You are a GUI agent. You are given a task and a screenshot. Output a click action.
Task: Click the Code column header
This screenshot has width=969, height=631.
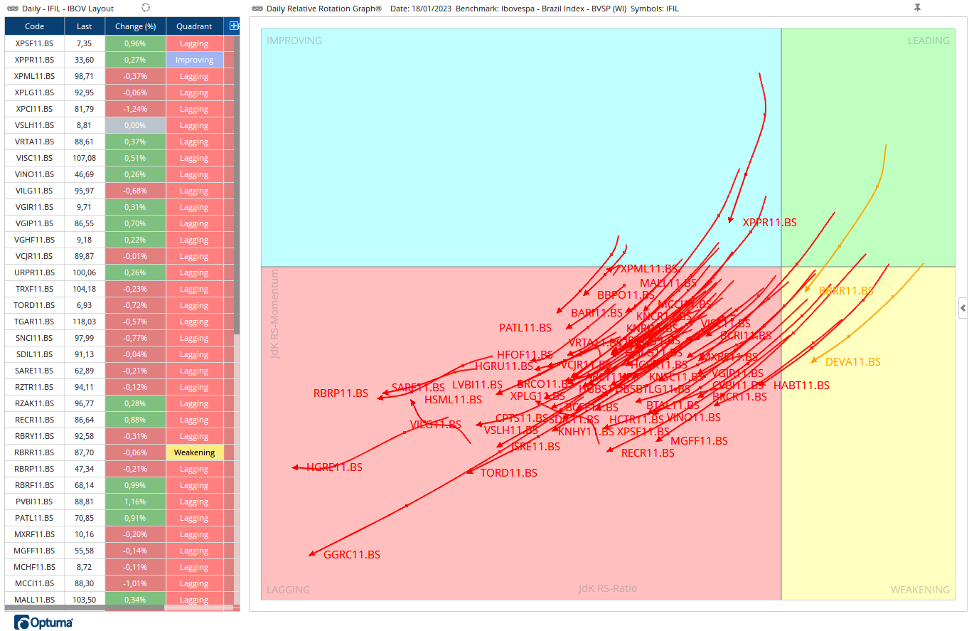coord(34,26)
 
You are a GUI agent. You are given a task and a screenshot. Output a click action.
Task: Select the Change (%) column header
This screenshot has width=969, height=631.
coord(135,26)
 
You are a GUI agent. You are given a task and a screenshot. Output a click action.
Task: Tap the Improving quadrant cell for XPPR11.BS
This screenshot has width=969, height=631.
coord(194,60)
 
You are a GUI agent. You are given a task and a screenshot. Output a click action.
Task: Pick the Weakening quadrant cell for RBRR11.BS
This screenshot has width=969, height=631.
coord(194,452)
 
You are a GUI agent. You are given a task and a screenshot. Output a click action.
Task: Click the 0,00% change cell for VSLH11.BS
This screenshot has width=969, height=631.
coord(135,125)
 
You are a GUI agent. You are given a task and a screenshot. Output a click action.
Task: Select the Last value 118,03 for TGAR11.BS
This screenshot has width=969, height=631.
coord(85,322)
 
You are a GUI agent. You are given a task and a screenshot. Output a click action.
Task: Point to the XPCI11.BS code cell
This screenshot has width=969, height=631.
coord(34,109)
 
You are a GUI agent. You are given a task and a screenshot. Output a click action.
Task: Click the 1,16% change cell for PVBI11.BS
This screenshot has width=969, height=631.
coord(135,502)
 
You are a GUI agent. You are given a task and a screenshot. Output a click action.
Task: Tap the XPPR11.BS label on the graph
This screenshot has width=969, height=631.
coord(769,223)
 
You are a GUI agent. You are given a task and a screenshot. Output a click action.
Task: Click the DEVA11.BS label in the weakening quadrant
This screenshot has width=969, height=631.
coord(852,362)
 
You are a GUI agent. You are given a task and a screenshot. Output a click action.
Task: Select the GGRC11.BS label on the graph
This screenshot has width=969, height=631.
coord(351,555)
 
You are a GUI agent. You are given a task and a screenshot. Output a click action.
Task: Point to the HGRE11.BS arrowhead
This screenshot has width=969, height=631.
coord(295,467)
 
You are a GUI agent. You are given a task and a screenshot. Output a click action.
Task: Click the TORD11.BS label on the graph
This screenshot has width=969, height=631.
coord(508,473)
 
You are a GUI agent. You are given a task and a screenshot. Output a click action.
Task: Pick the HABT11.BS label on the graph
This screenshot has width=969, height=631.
coord(801,386)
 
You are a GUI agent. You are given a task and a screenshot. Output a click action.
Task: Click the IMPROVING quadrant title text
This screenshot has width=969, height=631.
coord(294,41)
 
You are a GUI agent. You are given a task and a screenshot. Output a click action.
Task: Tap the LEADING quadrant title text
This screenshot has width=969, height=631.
coord(928,41)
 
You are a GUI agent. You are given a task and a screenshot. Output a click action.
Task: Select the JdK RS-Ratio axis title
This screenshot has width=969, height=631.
coord(607,588)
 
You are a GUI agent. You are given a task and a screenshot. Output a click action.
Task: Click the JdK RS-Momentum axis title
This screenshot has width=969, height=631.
coord(275,314)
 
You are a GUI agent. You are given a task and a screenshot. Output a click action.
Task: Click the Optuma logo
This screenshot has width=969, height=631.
coord(43,623)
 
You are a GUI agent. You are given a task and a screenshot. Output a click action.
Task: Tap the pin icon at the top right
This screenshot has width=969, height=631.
coord(917,8)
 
